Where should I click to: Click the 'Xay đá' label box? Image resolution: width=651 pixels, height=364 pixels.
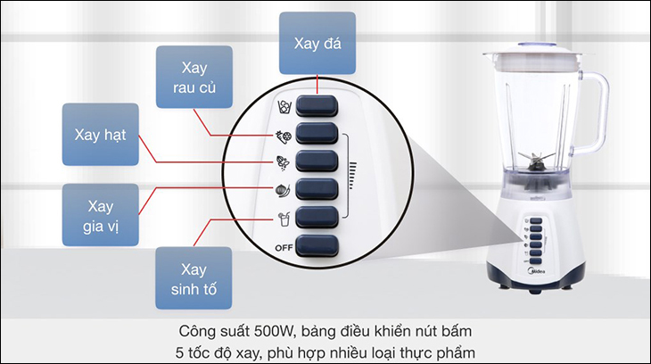317,43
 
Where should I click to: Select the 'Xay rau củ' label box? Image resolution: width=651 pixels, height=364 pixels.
194,77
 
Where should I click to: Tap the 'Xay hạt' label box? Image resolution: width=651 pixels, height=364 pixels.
101,134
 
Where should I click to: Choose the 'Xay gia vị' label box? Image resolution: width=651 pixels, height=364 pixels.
101,215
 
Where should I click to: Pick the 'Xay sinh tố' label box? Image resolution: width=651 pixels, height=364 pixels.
194,278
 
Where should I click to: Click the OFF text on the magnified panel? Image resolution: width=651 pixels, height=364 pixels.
284,248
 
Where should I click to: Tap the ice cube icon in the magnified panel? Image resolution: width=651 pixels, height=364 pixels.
284,107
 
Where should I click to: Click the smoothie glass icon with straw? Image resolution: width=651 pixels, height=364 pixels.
284,219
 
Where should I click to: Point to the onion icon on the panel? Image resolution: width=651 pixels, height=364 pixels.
284,190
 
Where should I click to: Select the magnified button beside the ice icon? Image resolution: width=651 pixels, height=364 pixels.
317,106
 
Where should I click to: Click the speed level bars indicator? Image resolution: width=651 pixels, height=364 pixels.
352,175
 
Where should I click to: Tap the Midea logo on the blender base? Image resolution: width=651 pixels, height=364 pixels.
537,271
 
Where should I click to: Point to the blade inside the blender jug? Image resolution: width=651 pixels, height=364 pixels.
537,161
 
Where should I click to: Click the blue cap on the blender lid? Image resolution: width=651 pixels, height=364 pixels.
536,44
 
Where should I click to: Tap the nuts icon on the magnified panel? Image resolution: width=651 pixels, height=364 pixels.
284,163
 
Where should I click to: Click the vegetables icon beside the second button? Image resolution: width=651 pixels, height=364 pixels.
284,136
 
